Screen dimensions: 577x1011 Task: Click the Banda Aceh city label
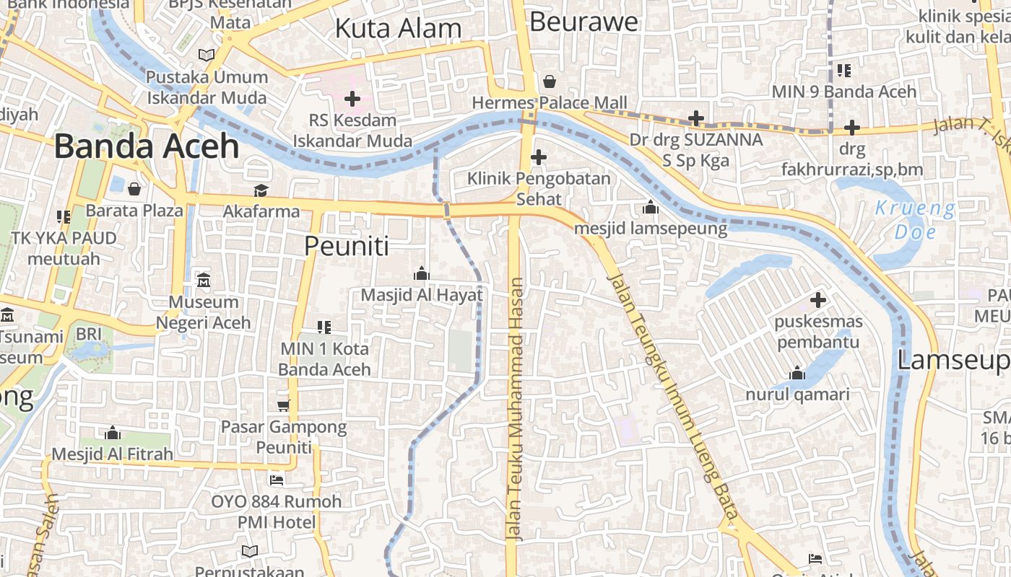146,146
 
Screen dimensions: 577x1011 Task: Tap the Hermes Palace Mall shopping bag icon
550,81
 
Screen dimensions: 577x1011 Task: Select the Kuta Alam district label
399,29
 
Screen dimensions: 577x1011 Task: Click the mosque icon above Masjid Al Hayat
421,273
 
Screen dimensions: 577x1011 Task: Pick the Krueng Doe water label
915,221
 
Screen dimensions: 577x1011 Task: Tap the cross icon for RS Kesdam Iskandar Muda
352,99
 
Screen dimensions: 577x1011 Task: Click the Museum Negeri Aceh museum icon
204,280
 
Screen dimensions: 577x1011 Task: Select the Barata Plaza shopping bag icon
134,189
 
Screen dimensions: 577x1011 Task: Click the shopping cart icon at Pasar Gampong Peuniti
284,405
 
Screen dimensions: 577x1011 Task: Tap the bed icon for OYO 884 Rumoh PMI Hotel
276,480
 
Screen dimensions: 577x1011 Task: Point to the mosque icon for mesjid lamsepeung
651,208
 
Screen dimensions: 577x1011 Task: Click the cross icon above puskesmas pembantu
817,299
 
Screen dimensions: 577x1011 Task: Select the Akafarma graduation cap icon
261,190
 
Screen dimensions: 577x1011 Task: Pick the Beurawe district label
583,22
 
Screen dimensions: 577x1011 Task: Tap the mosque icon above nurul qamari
797,373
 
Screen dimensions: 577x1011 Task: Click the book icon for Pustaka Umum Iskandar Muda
207,55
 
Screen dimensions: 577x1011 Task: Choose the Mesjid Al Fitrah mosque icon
112,433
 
